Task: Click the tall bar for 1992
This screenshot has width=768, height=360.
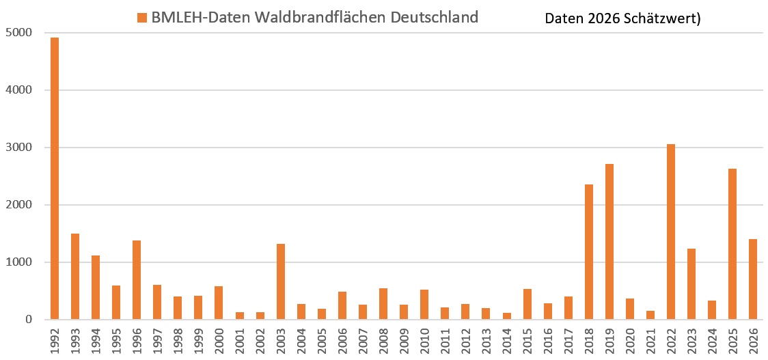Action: point(55,179)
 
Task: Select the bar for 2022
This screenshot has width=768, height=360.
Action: point(671,232)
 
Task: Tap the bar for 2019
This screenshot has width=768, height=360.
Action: point(609,242)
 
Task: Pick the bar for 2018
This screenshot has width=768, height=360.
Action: point(589,252)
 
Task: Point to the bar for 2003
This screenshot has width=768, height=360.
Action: point(281,281)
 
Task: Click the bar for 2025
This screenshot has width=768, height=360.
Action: point(732,245)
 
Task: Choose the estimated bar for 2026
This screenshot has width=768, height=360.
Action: point(753,279)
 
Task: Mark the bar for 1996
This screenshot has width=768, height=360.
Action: point(137,280)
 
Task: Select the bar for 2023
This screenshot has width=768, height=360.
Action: point(691,284)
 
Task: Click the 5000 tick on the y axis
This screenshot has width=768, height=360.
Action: point(18,33)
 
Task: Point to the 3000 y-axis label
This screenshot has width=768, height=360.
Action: point(18,148)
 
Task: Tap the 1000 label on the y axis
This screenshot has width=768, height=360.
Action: point(18,262)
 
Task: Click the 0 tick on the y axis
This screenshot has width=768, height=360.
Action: point(28,320)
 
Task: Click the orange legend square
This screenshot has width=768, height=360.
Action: point(142,18)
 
